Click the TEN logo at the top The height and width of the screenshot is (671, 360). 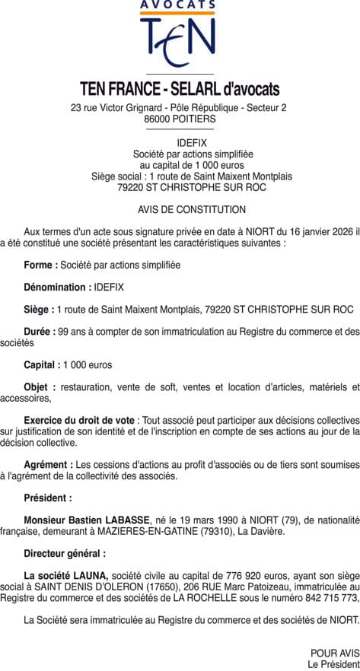(179, 41)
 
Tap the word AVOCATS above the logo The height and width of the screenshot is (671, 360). (179, 5)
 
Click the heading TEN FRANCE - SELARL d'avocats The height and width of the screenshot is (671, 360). (180, 89)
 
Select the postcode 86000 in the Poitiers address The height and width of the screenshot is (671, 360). (158, 119)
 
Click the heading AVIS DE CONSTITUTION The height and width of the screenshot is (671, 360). (180, 209)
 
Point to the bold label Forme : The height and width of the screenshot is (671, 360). (40, 265)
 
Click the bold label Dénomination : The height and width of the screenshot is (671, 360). (56, 287)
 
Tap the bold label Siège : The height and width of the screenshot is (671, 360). (39, 310)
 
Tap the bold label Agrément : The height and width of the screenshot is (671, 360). (49, 464)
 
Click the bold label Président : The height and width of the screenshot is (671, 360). (47, 498)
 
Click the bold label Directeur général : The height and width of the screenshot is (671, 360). (65, 553)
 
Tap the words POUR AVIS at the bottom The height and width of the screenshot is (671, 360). (334, 653)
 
